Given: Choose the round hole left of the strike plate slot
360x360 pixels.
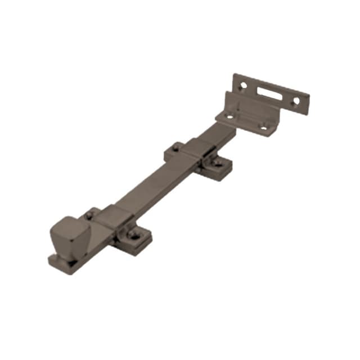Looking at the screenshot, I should click(x=243, y=86).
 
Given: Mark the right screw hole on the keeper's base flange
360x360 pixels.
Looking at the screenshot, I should click(x=263, y=128).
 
